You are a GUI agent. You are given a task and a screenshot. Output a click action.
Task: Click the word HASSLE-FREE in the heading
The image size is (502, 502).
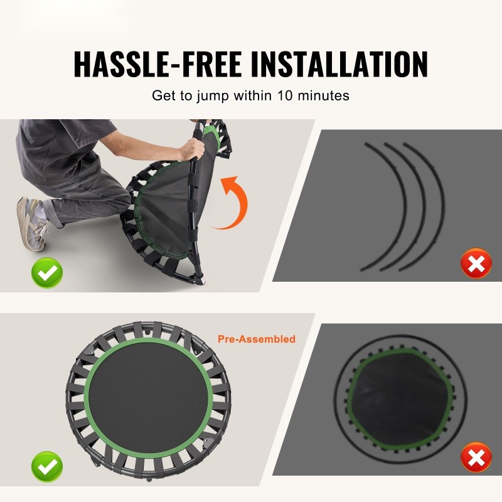pyautogui.click(x=158, y=64)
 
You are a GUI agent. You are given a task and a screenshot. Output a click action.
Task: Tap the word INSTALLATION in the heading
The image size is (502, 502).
pyautogui.click(x=339, y=64)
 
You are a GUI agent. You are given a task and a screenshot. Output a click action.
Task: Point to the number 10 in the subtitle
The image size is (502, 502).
pyautogui.click(x=285, y=95)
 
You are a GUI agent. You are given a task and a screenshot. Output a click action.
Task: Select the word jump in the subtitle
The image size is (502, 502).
pyautogui.click(x=213, y=96)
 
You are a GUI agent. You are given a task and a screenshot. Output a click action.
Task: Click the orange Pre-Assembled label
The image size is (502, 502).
pyautogui.click(x=257, y=339)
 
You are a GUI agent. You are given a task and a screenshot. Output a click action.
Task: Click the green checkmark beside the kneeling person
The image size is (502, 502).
pyautogui.click(x=47, y=273)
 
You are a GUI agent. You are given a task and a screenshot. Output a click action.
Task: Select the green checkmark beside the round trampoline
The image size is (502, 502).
pyautogui.click(x=47, y=466)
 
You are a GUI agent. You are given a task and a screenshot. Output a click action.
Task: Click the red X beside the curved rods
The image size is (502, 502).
pyautogui.click(x=476, y=263)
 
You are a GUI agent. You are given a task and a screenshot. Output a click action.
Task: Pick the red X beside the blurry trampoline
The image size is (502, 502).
pyautogui.click(x=476, y=457)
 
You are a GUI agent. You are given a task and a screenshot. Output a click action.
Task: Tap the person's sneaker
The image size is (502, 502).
pyautogui.click(x=31, y=223)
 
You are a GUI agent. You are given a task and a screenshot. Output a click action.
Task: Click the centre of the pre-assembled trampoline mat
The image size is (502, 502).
pyautogui.click(x=148, y=398)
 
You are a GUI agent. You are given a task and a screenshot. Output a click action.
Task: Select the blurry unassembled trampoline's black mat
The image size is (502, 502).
pyautogui.click(x=400, y=397)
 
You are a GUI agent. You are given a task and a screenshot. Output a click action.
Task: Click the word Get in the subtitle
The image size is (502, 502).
pyautogui.click(x=163, y=95)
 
